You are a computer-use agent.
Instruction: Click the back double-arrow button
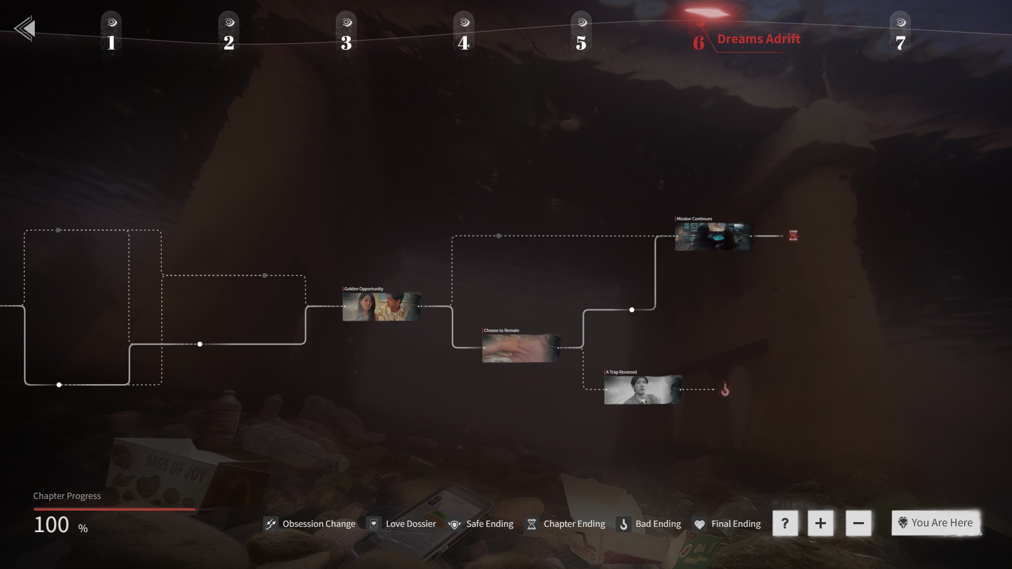click(x=25, y=28)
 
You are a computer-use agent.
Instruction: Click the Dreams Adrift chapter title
click(x=758, y=39)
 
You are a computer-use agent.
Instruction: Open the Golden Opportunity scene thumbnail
click(x=381, y=307)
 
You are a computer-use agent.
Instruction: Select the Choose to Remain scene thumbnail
click(x=521, y=348)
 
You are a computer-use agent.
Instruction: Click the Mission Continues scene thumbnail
click(x=713, y=236)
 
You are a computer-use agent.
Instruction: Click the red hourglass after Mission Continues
click(x=793, y=236)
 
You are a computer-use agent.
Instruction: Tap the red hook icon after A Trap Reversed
click(x=725, y=389)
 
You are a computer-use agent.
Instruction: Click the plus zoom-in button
click(x=820, y=523)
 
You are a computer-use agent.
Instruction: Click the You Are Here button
click(x=936, y=523)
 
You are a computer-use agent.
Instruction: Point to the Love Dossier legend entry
click(x=402, y=524)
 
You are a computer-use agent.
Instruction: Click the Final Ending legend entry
click(x=727, y=524)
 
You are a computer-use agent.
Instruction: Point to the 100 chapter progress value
click(x=52, y=525)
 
